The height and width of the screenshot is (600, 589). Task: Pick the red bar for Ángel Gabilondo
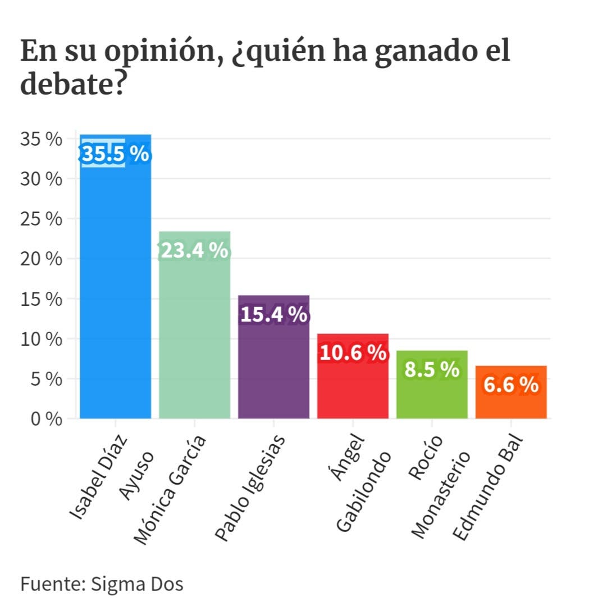(x=353, y=388)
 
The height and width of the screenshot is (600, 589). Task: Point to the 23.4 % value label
(x=194, y=251)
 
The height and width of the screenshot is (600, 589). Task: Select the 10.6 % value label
(x=353, y=353)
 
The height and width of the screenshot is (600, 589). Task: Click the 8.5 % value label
(x=432, y=369)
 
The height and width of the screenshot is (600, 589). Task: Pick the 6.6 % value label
(x=511, y=385)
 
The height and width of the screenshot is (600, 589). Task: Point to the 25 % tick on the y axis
(x=41, y=219)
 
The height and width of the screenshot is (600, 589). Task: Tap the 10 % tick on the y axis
(x=41, y=339)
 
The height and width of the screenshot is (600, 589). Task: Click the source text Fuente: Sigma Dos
(x=102, y=584)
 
